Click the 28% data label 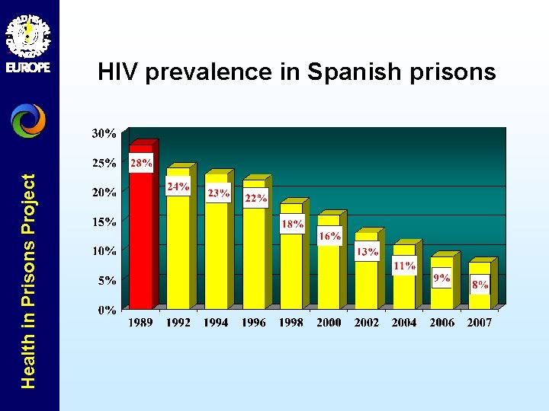[x=140, y=163]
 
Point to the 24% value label [x=178, y=186]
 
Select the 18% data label [x=292, y=224]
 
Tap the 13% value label [x=367, y=252]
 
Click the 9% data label [x=441, y=279]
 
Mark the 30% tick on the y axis [x=104, y=133]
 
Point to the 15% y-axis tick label [x=104, y=221]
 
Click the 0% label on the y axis [x=107, y=310]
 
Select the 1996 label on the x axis [x=253, y=323]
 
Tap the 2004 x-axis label [x=404, y=323]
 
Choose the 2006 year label [x=441, y=323]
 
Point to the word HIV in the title [x=118, y=72]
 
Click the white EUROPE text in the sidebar [x=28, y=67]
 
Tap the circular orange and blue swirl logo [x=28, y=120]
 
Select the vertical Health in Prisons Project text [x=28, y=281]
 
